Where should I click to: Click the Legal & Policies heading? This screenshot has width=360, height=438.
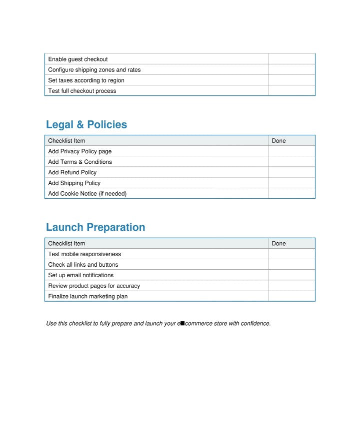86,125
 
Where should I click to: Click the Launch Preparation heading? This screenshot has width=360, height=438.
95,227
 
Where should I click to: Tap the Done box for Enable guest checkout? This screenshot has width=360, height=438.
291,59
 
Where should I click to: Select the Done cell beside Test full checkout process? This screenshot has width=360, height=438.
291,91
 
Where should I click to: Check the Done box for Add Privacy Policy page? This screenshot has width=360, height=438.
291,151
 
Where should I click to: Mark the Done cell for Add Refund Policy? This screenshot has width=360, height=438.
291,172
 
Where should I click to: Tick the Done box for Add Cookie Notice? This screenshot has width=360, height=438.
291,193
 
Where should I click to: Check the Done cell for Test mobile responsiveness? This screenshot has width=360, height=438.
291,254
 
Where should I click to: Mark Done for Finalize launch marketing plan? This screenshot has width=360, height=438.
291,296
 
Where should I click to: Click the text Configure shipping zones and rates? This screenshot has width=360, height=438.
94,70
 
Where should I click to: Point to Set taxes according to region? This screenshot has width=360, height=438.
86,80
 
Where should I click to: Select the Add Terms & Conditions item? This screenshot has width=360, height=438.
80,162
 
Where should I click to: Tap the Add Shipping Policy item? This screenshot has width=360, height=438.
74,183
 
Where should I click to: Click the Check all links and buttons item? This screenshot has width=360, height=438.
83,265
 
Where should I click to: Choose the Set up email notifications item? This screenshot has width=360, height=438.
80,275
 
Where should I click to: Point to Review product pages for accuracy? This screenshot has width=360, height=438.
94,286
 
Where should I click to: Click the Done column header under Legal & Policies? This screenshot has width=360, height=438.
278,141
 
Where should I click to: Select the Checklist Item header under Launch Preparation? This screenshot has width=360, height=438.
66,244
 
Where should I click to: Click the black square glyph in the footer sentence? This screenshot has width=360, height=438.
182,323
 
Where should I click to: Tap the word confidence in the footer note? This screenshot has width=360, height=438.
255,324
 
